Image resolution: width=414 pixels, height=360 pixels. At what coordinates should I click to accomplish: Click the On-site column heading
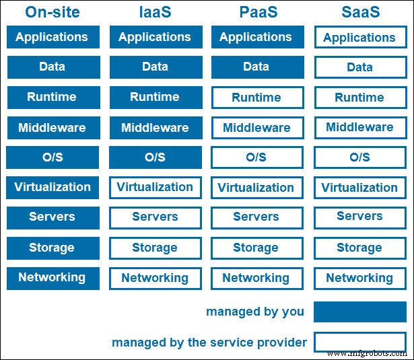point(53,11)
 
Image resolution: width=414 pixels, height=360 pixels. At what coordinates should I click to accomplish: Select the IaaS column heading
point(154,11)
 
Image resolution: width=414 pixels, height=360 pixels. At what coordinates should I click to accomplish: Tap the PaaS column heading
point(256,11)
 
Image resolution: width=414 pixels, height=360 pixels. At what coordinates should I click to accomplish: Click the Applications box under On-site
point(53,37)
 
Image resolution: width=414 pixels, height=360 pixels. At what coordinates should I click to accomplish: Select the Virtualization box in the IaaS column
point(155,188)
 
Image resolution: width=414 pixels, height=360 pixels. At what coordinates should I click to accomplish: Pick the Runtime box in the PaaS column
point(256,98)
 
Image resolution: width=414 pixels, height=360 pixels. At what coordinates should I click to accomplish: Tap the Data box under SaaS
point(359,67)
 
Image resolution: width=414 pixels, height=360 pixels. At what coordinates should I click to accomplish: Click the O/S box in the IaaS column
point(155,157)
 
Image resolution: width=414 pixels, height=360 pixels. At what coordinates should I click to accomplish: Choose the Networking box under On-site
point(53,278)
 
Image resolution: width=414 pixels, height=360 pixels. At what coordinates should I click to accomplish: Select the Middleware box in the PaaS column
point(256,128)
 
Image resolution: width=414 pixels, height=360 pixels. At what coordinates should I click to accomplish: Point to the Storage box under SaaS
point(359,248)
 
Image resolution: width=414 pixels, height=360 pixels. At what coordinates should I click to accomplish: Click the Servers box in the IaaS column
point(155,217)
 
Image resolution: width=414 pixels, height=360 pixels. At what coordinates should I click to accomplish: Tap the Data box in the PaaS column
point(256,67)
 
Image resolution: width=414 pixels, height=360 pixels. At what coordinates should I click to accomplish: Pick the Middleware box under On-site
point(53,128)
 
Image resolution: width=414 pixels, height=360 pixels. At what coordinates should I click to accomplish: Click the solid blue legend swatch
point(359,312)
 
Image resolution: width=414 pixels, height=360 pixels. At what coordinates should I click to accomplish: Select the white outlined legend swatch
point(359,342)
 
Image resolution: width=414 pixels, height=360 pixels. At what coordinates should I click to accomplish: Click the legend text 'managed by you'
point(255,312)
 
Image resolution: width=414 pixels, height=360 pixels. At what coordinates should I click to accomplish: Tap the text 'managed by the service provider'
point(209,343)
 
